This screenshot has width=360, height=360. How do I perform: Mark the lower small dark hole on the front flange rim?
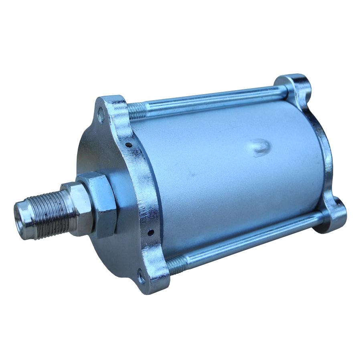150,232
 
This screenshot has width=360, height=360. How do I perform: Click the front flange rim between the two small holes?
140,188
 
